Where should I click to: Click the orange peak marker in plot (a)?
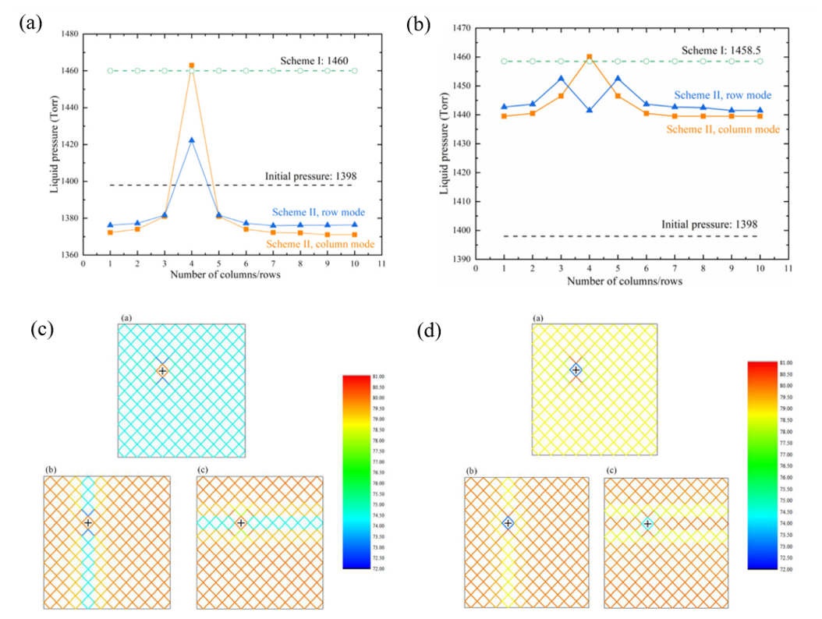coord(192,65)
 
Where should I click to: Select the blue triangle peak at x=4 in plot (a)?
coord(192,140)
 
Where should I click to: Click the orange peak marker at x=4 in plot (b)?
coord(589,57)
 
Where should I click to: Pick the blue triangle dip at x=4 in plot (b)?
coord(589,110)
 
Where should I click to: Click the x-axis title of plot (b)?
coord(631,281)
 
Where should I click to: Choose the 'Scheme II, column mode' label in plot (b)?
coord(723,129)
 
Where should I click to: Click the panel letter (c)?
coord(41,329)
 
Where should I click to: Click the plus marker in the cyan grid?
coord(162,371)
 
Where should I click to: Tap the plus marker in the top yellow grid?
coord(576,370)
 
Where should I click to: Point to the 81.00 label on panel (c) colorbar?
coord(358,377)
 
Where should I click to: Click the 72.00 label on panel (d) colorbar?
coord(764,570)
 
